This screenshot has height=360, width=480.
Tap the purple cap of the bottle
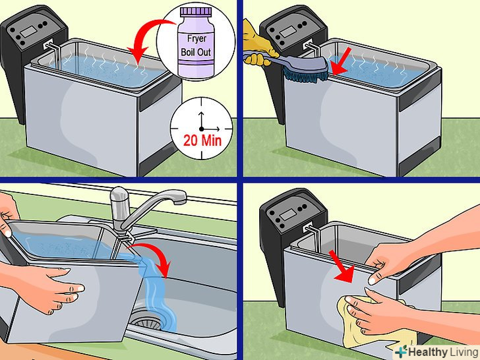tap(196, 12)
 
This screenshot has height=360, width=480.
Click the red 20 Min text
tap(202, 140)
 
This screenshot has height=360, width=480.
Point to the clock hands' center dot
tap(201, 129)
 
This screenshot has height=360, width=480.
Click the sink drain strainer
tap(146, 320)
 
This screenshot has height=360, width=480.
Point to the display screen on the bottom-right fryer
tap(288, 215)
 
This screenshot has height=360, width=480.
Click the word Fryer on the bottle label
tap(196, 38)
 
